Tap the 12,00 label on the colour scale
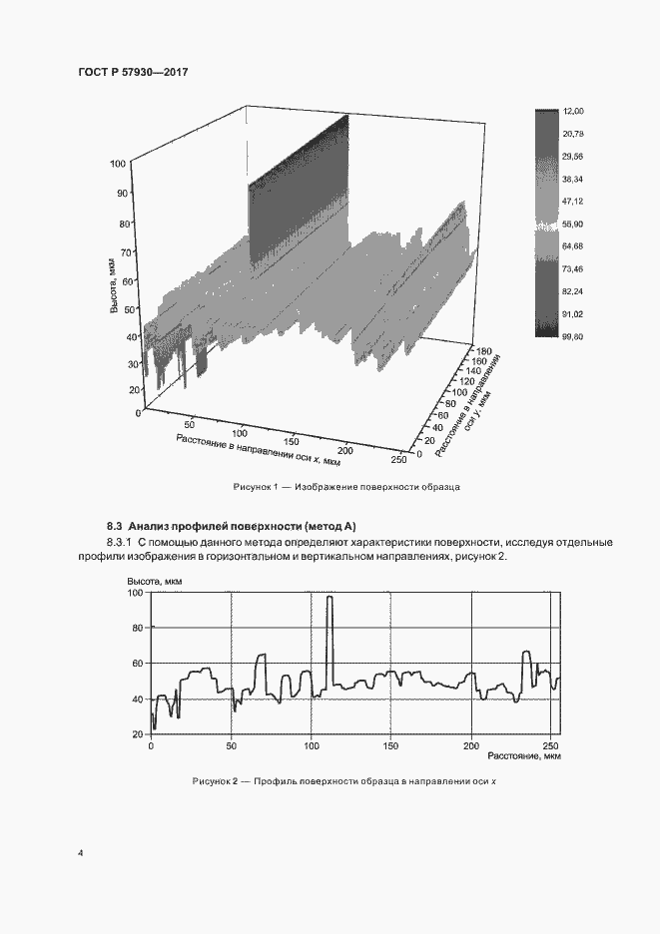tap(573, 111)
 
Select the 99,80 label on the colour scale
tap(573, 338)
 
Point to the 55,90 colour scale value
tap(573, 225)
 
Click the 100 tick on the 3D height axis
tap(119, 162)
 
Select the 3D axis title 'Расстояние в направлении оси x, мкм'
tap(259, 450)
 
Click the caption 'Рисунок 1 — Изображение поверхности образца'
tap(345, 486)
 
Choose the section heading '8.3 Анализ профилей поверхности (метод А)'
tap(232, 526)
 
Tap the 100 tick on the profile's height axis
tap(137, 593)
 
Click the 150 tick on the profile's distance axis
tap(390, 745)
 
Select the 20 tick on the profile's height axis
tap(140, 733)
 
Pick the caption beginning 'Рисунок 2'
tap(343, 780)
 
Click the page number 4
tap(80, 853)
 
